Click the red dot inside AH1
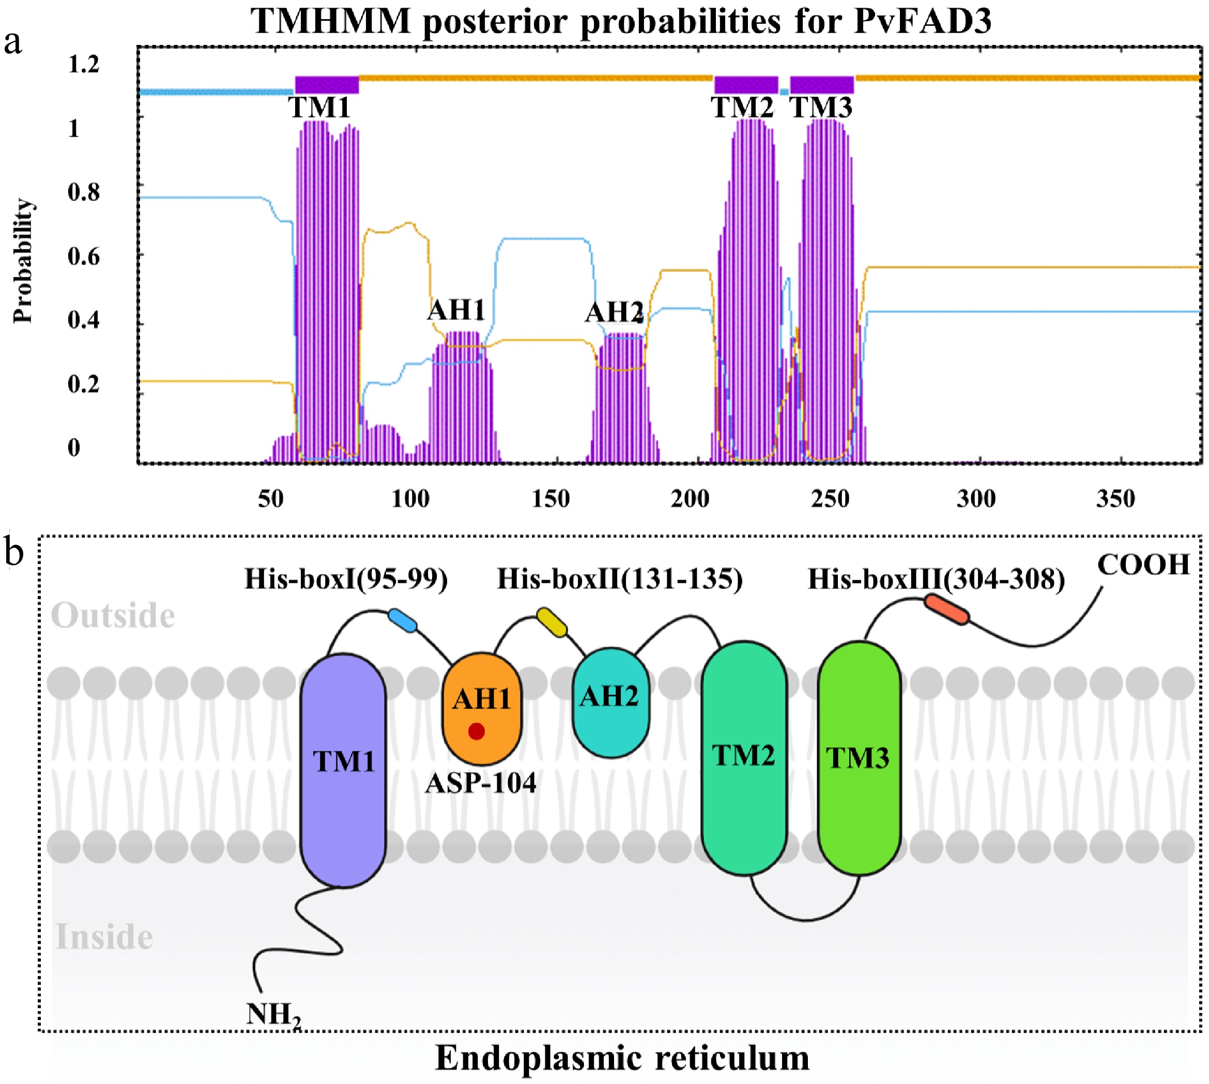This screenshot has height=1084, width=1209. (x=476, y=731)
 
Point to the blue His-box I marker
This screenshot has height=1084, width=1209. (x=403, y=620)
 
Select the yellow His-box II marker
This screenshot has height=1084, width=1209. (x=552, y=622)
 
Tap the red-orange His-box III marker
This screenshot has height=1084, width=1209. (x=946, y=610)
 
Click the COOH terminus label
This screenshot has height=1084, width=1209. (x=1143, y=565)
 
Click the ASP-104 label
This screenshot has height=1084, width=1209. (x=480, y=783)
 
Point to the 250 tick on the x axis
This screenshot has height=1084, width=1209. (x=830, y=499)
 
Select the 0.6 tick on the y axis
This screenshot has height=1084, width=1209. (x=83, y=257)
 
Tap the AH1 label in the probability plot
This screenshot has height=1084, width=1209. (x=456, y=310)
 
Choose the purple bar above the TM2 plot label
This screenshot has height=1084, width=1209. (x=746, y=85)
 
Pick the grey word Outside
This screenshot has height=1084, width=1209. (x=113, y=616)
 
